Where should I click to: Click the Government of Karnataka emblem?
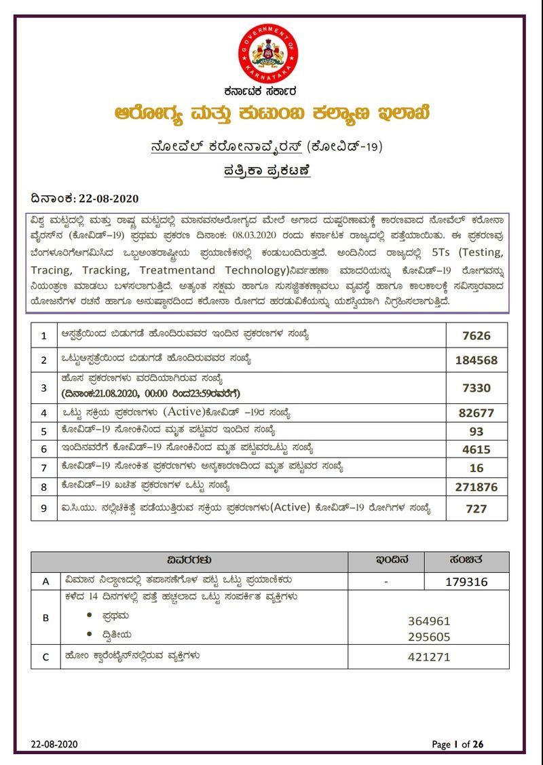point(268,54)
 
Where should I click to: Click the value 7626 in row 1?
point(476,335)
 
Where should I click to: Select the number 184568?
point(476,360)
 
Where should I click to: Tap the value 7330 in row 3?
point(476,388)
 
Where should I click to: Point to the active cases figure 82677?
point(476,413)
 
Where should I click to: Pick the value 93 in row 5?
point(476,431)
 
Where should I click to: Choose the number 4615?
point(476,449)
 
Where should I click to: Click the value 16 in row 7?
point(476,468)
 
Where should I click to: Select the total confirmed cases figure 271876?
point(476,487)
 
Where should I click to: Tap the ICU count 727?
point(476,508)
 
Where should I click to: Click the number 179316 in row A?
point(466,582)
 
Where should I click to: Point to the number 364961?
point(429,621)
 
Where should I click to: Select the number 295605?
point(429,637)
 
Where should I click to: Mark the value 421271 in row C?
point(429,657)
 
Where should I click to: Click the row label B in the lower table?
point(45,618)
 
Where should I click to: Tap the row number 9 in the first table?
point(44,508)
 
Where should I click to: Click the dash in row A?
point(385,582)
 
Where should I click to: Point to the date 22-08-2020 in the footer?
point(54,745)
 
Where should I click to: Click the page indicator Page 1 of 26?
point(458,745)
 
